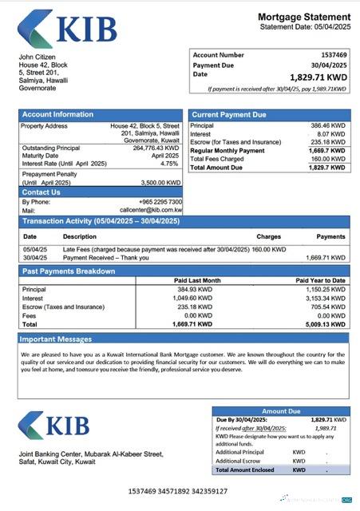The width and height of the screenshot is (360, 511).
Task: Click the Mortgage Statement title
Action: click(304, 17)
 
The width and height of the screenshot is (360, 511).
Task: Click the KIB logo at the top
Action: click(68, 30)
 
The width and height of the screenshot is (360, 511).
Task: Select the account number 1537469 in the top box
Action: click(331, 55)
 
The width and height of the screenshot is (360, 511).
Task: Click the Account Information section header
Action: click(57, 115)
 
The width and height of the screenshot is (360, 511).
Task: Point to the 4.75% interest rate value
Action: click(168, 163)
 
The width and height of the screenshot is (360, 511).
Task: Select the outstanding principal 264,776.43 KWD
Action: click(156, 148)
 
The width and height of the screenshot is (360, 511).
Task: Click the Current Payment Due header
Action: click(229, 115)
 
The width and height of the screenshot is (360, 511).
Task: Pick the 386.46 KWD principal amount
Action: click(327, 126)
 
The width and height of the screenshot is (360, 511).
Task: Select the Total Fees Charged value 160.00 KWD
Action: click(327, 158)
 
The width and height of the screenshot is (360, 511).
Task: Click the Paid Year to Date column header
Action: click(320, 280)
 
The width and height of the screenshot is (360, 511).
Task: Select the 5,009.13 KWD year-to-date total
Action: click(326, 325)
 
